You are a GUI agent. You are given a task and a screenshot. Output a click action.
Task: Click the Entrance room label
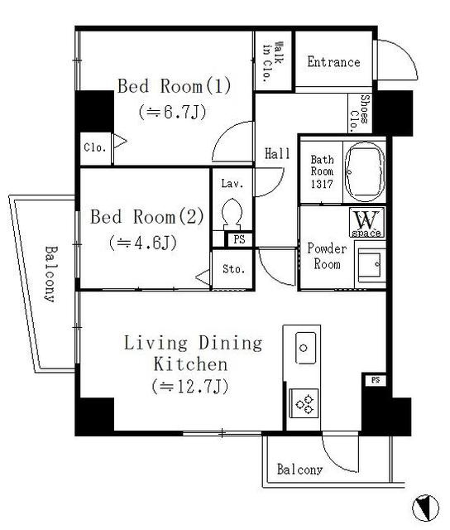(x=333, y=62)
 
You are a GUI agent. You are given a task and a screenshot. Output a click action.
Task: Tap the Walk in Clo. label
(x=273, y=62)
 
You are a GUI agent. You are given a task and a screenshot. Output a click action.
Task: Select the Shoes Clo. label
(x=360, y=113)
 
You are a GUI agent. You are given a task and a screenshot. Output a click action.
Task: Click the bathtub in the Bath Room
(x=366, y=171)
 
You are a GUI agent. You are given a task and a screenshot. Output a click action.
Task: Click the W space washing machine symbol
(x=367, y=223)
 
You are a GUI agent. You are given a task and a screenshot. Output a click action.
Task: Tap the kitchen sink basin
(x=305, y=348)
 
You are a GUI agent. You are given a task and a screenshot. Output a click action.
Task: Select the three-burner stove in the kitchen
(x=304, y=403)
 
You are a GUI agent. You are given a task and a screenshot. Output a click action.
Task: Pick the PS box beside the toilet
(x=239, y=239)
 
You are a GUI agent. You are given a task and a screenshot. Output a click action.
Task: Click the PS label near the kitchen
(x=376, y=380)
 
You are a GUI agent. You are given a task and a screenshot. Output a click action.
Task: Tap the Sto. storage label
(x=233, y=269)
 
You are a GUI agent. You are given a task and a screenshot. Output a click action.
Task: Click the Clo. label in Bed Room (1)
(x=95, y=147)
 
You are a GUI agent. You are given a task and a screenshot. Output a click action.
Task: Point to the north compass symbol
(x=425, y=508)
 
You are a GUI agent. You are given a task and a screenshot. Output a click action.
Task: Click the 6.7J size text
(x=172, y=113)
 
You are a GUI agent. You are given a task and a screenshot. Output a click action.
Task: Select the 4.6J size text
(x=143, y=243)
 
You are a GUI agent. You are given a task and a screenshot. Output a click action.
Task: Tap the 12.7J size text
(x=190, y=387)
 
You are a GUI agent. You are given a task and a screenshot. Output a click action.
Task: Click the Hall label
(x=277, y=154)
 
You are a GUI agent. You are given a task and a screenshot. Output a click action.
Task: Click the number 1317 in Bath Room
(x=322, y=184)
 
